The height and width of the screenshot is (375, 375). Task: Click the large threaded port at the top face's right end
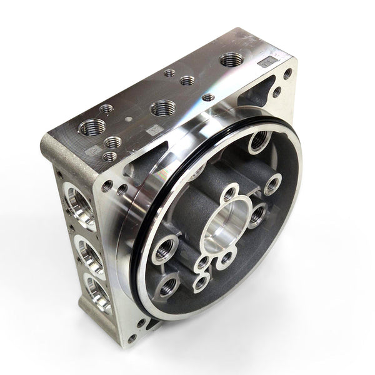point(231,59)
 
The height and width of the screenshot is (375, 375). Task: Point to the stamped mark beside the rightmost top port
point(266,62)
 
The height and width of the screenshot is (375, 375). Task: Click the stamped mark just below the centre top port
point(152,130)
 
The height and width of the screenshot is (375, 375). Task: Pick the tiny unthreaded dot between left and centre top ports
point(127,118)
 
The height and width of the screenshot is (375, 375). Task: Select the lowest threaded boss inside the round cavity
point(167,287)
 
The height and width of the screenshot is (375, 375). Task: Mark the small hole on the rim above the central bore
point(229,192)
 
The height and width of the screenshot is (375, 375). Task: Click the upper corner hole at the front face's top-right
point(287,74)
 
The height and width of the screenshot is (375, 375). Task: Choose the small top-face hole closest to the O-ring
point(208,97)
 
